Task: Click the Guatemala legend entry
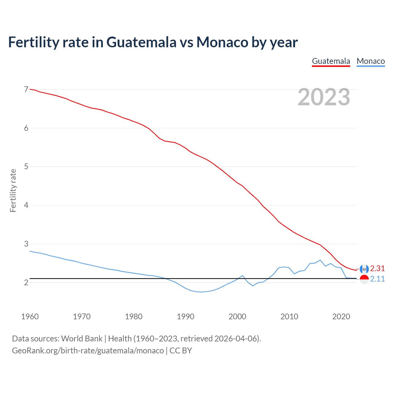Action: coord(331,61)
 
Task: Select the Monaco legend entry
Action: coord(371,61)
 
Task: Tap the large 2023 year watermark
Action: coord(324,97)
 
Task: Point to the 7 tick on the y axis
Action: coord(26,90)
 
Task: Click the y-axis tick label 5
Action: coord(26,167)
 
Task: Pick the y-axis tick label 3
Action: coord(26,244)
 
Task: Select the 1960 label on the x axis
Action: coord(30,317)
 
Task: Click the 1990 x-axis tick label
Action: coord(185,317)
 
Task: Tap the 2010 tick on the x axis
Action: coord(289,317)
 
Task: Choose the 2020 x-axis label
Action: coord(341,317)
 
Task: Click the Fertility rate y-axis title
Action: coord(13,190)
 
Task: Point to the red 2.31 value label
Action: coord(377,268)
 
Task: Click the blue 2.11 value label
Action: coord(377,279)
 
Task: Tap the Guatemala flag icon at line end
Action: coord(364,269)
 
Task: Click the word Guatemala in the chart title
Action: coord(141,42)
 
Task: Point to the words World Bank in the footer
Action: coord(82,339)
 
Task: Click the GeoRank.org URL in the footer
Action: coord(88,351)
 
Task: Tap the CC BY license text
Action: coord(181,351)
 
